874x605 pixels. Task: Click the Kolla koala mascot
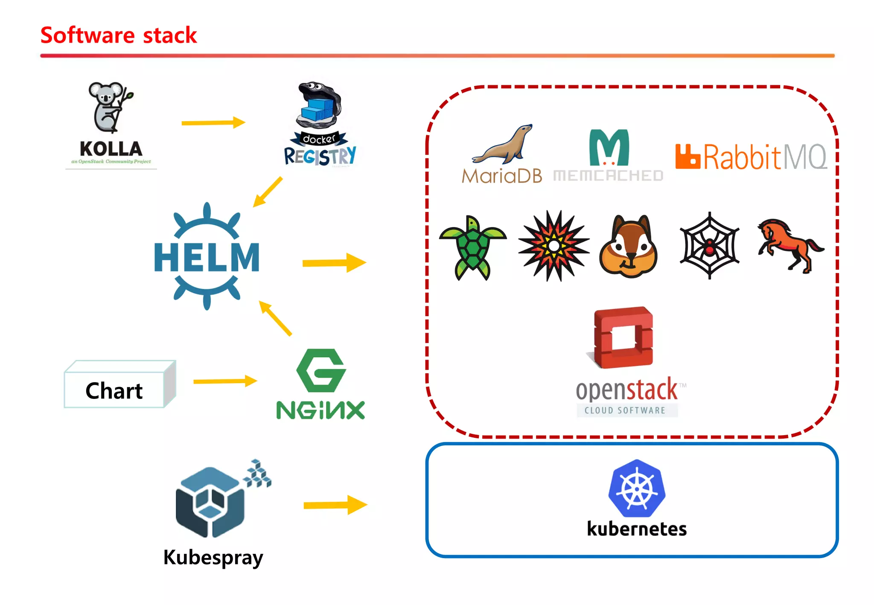(109, 107)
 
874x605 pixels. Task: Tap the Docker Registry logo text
(320, 156)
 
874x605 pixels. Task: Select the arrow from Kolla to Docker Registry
(213, 123)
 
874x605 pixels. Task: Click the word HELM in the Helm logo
(207, 257)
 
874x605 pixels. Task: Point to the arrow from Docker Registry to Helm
(268, 192)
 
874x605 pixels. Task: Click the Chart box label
(114, 391)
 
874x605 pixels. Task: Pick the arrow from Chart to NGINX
(225, 381)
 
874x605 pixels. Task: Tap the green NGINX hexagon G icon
(321, 370)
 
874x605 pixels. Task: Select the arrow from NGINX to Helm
(275, 318)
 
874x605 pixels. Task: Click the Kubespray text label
(213, 557)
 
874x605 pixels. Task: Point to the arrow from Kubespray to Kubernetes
(335, 505)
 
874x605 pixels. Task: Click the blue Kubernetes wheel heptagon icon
(637, 489)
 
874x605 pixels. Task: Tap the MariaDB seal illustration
(504, 145)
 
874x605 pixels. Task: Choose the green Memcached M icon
(609, 148)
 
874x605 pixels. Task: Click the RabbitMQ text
(764, 157)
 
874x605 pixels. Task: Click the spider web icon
(709, 246)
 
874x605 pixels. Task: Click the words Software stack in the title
(119, 35)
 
